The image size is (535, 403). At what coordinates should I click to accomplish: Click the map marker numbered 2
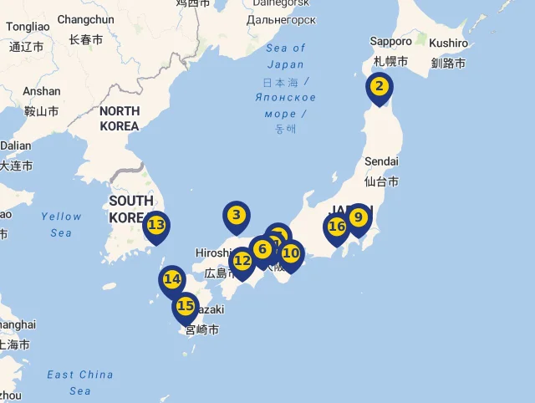point(379,86)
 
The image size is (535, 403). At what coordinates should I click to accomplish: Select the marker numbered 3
point(237,216)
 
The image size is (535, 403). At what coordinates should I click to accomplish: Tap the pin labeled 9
point(358,218)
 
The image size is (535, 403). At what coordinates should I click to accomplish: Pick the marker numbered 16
point(337,227)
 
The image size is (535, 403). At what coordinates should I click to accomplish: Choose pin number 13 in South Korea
point(156,225)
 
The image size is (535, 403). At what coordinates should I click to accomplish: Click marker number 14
point(172,280)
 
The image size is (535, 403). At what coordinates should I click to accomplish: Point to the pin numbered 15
point(186,307)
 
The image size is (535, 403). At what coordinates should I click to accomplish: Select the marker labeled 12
point(242,262)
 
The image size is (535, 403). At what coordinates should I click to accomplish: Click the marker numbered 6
point(262,250)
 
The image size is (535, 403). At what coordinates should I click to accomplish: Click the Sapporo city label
point(391,41)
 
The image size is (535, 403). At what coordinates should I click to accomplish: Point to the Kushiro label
point(450,43)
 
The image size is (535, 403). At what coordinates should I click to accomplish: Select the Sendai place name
point(381,161)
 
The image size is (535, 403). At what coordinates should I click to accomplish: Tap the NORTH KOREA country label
point(120,118)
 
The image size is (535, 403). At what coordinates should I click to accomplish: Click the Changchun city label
point(85,19)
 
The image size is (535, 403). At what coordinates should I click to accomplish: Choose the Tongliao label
point(28,27)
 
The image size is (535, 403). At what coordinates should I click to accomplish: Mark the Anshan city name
point(42,91)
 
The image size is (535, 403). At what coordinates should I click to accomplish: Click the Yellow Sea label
point(61,224)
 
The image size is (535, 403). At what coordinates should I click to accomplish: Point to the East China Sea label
point(80,382)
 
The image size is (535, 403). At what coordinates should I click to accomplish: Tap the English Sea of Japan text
point(286,56)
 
